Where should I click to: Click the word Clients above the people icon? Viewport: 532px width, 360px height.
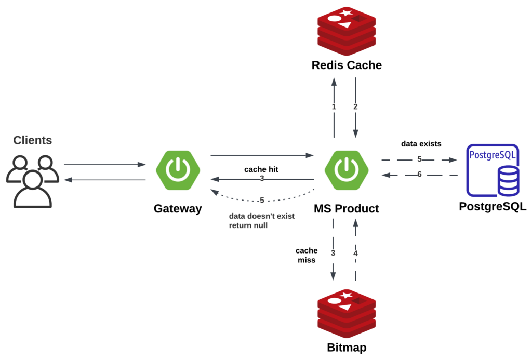pos(32,140)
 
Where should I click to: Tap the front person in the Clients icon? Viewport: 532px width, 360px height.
pos(33,190)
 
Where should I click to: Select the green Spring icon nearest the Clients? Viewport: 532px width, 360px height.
pos(178,170)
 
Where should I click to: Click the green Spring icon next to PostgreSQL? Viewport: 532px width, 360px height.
pos(347,170)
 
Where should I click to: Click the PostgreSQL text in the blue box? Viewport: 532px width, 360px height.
pos(493,155)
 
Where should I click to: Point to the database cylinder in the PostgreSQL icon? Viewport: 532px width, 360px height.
pos(508,181)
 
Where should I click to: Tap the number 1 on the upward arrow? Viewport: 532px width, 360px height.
pos(334,107)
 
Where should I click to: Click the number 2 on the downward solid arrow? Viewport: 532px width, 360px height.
pos(356,107)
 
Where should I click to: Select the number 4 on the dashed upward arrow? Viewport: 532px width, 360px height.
pos(356,254)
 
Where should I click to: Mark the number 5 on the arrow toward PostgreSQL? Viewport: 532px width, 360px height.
pos(419,159)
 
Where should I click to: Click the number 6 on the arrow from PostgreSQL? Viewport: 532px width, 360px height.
pos(419,175)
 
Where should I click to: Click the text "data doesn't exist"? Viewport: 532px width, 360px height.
pos(262,216)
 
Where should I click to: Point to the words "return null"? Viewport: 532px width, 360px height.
pos(248,226)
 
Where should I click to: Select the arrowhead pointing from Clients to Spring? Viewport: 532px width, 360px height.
pos(141,165)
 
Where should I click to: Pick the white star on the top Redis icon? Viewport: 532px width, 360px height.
pos(347,12)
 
